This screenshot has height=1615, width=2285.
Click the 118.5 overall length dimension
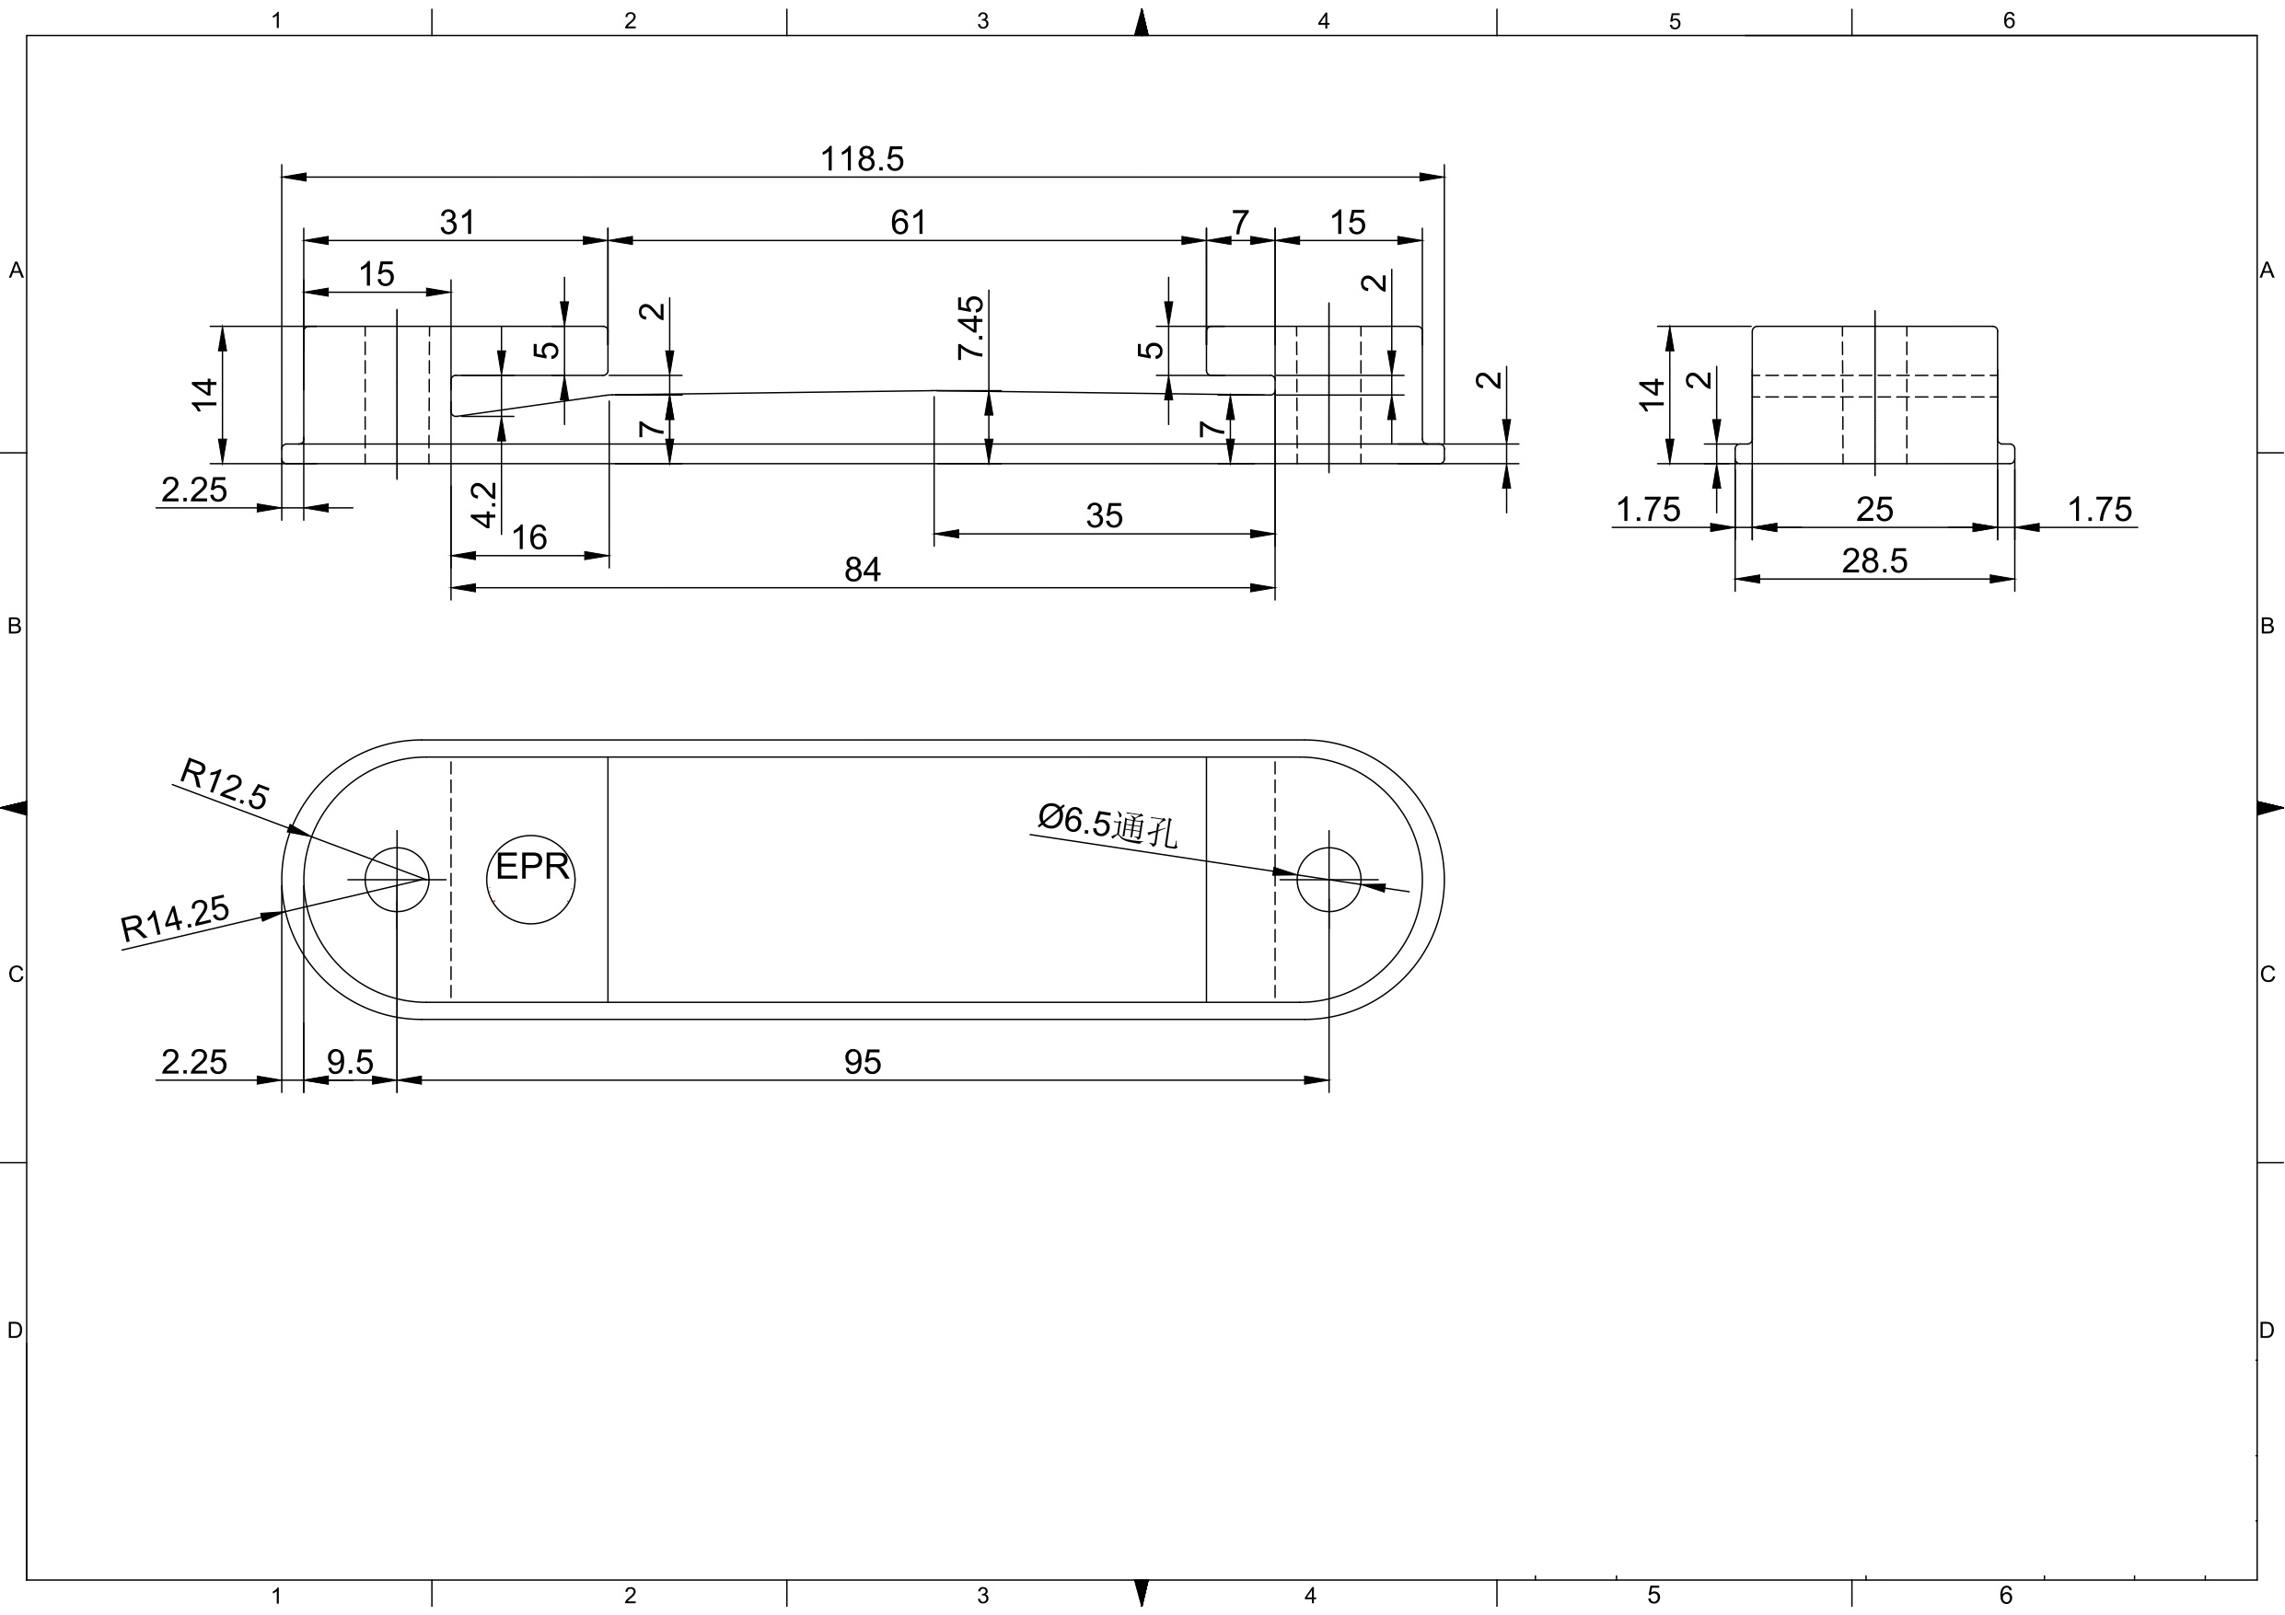click(x=862, y=159)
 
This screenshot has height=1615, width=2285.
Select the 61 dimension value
click(x=908, y=223)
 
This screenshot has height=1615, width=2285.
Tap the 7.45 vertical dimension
click(x=971, y=328)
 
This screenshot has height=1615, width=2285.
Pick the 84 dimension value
click(x=862, y=571)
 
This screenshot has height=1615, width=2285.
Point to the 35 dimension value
click(x=1104, y=516)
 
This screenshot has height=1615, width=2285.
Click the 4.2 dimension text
click(x=484, y=504)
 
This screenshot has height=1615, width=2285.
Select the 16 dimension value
click(x=528, y=538)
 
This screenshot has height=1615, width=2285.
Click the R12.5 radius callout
click(x=224, y=784)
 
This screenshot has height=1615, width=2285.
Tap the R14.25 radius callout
click(x=175, y=918)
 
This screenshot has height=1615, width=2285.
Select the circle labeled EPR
click(x=530, y=880)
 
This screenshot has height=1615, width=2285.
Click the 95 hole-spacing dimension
click(x=862, y=1063)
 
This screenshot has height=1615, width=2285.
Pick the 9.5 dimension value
click(x=351, y=1063)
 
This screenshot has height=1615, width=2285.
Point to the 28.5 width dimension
click(x=1874, y=562)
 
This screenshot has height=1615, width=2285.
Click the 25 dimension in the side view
click(x=1874, y=511)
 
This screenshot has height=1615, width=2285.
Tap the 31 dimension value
click(x=457, y=223)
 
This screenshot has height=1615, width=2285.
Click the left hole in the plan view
click(x=397, y=880)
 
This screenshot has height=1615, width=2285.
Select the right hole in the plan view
click(x=1328, y=880)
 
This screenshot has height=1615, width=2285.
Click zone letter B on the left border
click(x=14, y=626)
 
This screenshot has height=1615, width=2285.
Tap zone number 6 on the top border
click(x=2008, y=21)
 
